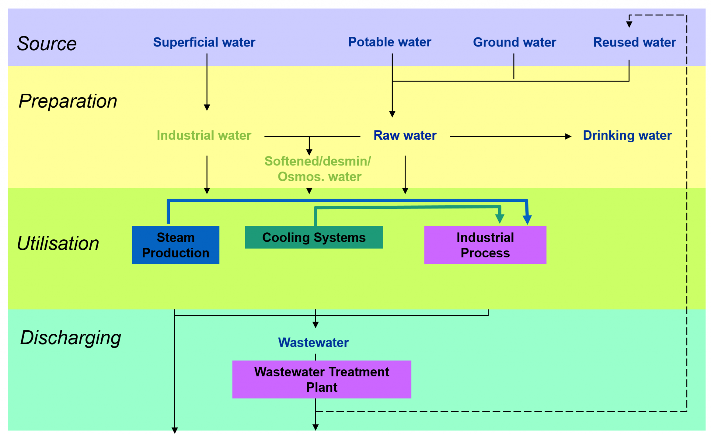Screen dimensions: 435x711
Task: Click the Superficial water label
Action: click(x=204, y=42)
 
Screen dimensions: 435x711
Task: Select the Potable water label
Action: click(x=390, y=42)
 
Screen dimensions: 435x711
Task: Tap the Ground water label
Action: click(x=514, y=42)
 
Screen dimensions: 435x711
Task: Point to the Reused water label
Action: click(x=634, y=42)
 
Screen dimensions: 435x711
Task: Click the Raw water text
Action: click(x=405, y=135)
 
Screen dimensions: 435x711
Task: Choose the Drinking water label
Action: click(x=627, y=135)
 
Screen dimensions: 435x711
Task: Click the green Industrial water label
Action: click(x=204, y=135)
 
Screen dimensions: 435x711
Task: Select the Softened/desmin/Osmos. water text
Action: click(x=318, y=169)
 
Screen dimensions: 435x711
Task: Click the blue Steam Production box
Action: click(x=176, y=245)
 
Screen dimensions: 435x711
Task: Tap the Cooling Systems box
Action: click(x=314, y=237)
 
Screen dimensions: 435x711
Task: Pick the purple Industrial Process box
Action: click(x=485, y=245)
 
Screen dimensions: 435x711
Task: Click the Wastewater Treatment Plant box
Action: click(x=321, y=379)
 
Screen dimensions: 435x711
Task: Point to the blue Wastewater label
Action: click(x=313, y=342)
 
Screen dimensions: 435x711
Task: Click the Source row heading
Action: click(x=47, y=44)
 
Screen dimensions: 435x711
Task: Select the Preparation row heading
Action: click(x=68, y=101)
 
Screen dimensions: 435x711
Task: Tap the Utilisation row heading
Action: click(x=58, y=243)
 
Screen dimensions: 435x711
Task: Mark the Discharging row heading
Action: click(x=70, y=338)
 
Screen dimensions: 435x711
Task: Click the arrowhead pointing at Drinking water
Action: click(x=568, y=136)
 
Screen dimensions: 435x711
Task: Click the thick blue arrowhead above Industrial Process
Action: click(x=527, y=220)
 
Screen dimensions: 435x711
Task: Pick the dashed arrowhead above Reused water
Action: click(x=629, y=24)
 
